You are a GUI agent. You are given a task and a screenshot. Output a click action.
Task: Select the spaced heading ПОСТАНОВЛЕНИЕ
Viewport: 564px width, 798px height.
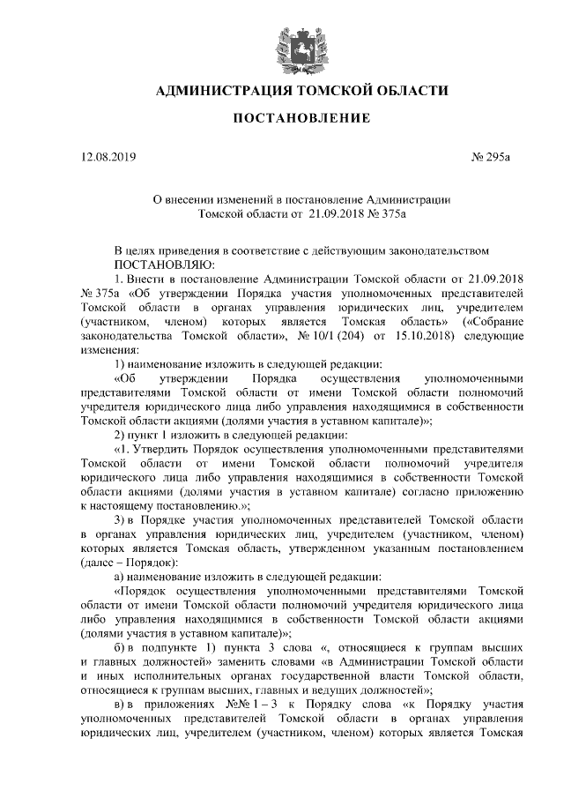tap(282, 119)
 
